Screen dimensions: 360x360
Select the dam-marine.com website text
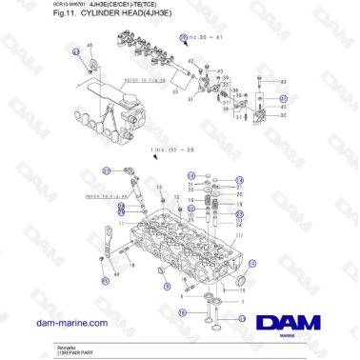(x=71, y=323)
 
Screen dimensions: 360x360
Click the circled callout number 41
(x=283, y=99)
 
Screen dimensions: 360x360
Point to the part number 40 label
(x=283, y=107)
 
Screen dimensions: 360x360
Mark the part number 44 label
(x=116, y=272)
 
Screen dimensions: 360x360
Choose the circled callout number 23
(x=107, y=171)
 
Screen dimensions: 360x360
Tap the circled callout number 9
(x=169, y=285)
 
